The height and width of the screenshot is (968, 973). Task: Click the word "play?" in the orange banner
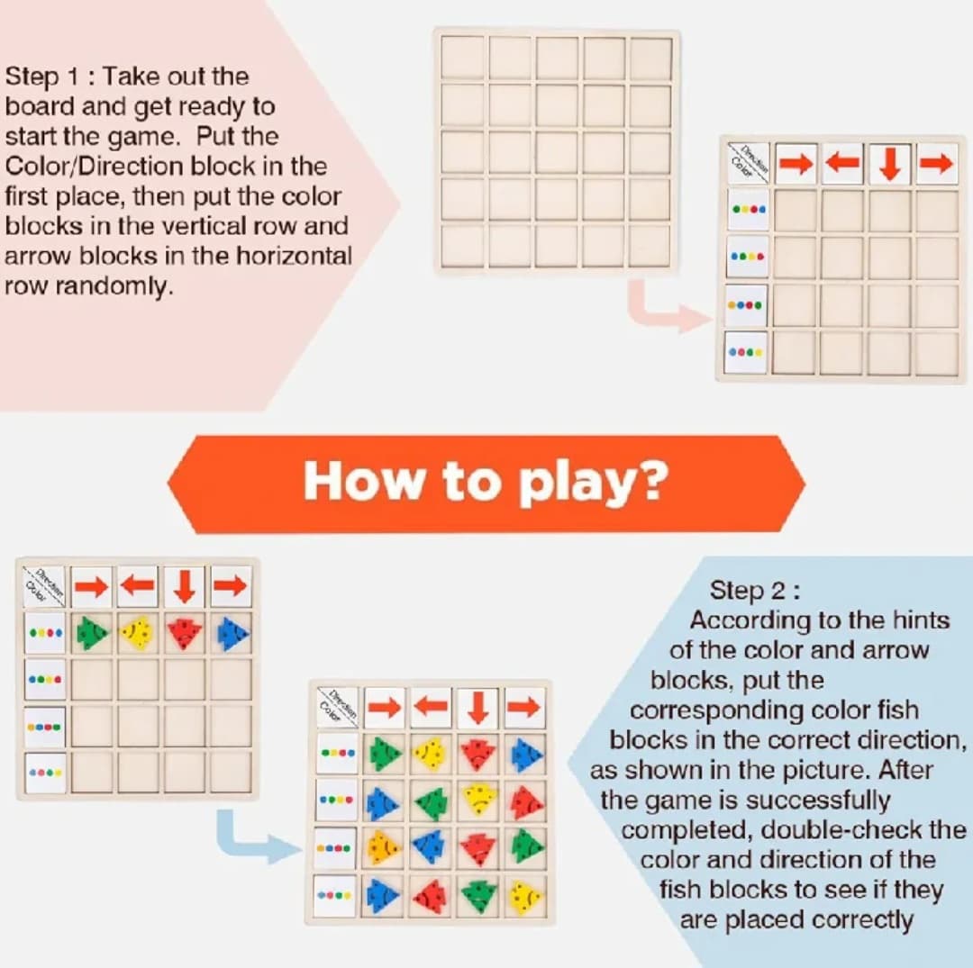tap(593, 483)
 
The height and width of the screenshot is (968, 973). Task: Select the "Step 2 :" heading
tap(755, 590)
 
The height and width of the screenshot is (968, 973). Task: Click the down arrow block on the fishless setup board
tap(889, 164)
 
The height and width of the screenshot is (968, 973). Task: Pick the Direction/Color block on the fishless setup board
tap(748, 164)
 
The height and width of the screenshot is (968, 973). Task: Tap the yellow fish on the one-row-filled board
tap(138, 632)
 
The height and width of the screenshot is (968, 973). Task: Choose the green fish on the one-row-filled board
tap(92, 632)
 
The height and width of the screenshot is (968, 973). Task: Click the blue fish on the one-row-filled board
tap(232, 633)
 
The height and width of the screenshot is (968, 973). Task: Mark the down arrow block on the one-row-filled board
tap(185, 586)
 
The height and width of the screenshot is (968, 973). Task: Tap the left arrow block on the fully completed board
tap(432, 707)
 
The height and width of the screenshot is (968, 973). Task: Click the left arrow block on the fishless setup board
tap(842, 164)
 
